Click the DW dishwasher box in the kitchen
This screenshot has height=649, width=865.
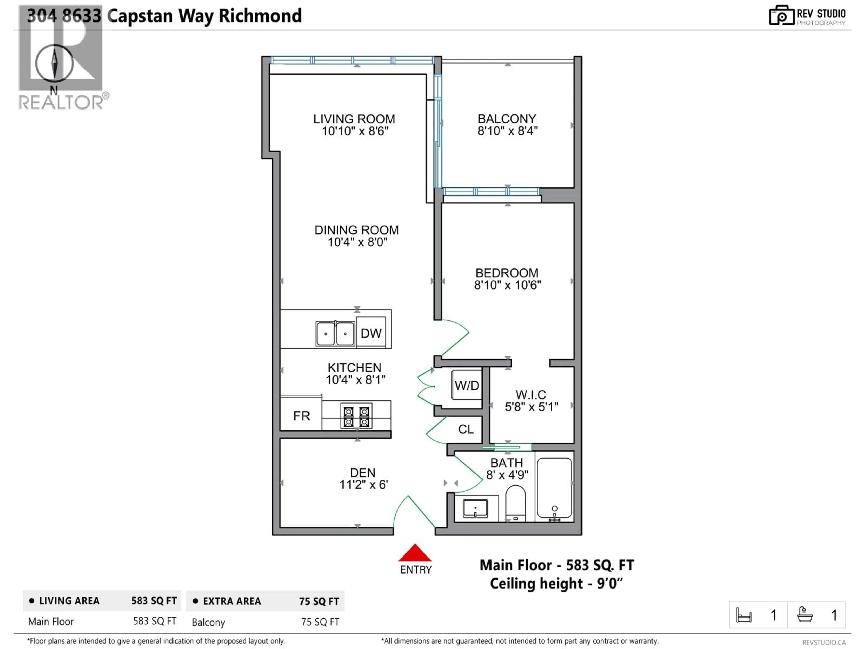[371, 333]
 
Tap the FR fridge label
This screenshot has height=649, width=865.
[301, 416]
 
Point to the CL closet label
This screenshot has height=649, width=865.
[466, 429]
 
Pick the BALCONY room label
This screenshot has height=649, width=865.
[507, 119]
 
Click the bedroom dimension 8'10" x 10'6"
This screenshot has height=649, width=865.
[507, 285]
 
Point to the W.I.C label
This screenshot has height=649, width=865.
[531, 395]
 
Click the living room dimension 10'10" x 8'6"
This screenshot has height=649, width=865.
[355, 131]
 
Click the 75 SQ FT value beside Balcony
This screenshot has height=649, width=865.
[320, 622]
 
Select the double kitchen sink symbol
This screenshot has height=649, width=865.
[335, 334]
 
